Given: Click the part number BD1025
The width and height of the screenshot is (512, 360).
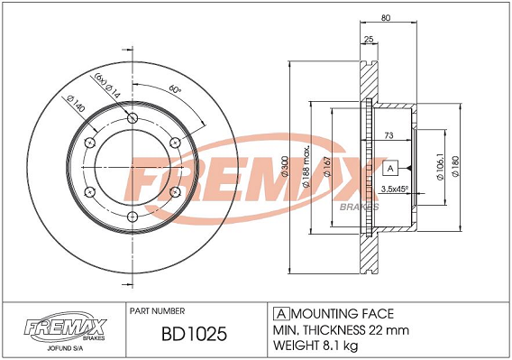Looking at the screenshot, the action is coord(194,334).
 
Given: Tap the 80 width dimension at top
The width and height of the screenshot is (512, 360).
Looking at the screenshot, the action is coord(386,18).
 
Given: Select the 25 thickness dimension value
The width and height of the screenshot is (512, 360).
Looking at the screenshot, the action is coord(369,40).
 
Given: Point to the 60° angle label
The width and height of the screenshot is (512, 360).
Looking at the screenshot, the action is coord(176,88).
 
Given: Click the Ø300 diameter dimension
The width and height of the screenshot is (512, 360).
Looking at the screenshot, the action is coord(285,167).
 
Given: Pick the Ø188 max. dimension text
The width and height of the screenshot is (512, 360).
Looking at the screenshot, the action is coord(306,167).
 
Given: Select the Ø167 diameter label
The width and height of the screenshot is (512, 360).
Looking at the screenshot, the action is coord(327,168).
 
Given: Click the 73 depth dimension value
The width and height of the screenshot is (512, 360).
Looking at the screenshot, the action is coord(389,135).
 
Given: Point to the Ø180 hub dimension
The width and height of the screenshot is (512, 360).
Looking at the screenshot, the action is coord(455,167).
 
